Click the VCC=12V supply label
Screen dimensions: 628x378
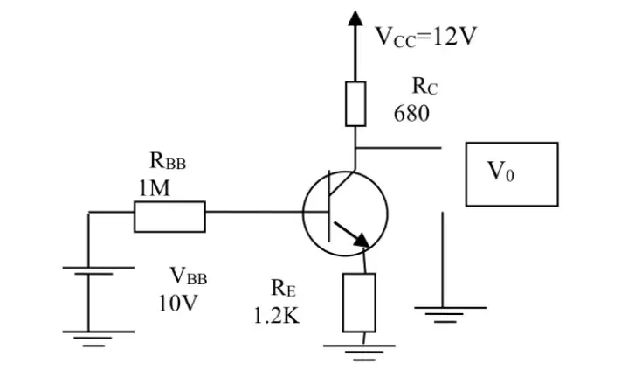tap(425, 37)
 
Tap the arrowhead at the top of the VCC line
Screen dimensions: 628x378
tap(355, 18)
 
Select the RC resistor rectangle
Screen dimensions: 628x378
tap(355, 104)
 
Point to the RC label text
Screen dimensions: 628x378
tap(424, 86)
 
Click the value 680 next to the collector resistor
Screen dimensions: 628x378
tap(411, 114)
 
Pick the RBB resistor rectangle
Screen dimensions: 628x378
tap(169, 217)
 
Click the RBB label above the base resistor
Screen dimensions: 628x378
tap(168, 160)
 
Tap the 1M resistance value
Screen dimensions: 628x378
tap(155, 188)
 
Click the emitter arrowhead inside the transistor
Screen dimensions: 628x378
tap(362, 240)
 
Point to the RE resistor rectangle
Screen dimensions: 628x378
tap(359, 303)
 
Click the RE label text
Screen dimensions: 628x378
tap(283, 288)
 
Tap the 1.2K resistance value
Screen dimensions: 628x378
tap(276, 316)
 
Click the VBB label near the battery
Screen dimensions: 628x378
tap(189, 276)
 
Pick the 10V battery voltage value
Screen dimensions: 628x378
tap(178, 304)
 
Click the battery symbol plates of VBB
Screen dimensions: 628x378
tap(99, 271)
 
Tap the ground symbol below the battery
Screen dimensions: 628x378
tap(99, 339)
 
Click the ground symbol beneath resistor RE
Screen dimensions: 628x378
tap(359, 353)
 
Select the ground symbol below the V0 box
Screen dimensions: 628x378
tap(450, 315)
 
